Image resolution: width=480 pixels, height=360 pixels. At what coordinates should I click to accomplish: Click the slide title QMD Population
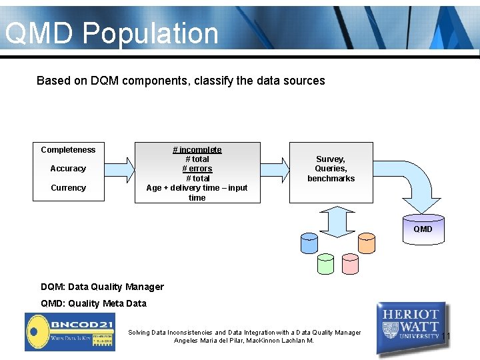pyautogui.click(x=112, y=33)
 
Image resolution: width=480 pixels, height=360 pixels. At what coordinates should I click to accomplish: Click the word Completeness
pyautogui.click(x=68, y=150)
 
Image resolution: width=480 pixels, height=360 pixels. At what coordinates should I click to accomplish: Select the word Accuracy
pyautogui.click(x=68, y=169)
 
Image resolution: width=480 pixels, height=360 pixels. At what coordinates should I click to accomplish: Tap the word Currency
pyautogui.click(x=68, y=188)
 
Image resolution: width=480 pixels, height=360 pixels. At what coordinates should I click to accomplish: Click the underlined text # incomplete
pyautogui.click(x=197, y=150)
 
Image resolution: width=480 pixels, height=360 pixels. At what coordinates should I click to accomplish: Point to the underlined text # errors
pyautogui.click(x=197, y=169)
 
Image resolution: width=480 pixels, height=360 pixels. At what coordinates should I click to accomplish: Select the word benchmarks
pyautogui.click(x=331, y=179)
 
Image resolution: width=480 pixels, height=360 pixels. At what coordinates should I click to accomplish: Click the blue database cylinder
pyautogui.click(x=309, y=243)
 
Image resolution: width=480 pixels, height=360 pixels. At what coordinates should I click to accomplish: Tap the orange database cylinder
pyautogui.click(x=367, y=243)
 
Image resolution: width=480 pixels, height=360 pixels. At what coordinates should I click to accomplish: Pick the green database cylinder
pyautogui.click(x=325, y=264)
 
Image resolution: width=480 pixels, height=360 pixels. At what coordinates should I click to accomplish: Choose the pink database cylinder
pyautogui.click(x=350, y=264)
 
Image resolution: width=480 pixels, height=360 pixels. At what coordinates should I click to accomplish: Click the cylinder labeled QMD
pyautogui.click(x=423, y=228)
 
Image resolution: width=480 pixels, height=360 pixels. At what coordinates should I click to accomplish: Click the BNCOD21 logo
pyautogui.click(x=69, y=331)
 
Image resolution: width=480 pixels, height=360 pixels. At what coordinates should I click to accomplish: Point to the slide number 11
pyautogui.click(x=446, y=335)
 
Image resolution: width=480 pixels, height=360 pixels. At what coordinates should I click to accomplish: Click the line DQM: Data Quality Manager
pyautogui.click(x=102, y=287)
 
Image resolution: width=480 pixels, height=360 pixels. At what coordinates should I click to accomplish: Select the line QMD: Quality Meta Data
pyautogui.click(x=93, y=303)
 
